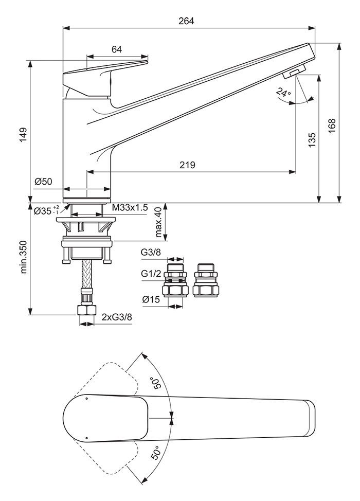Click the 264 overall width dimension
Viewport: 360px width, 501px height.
(186, 21)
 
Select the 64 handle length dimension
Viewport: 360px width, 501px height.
(117, 49)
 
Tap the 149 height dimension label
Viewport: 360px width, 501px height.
(24, 135)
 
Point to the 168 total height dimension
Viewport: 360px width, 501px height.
(332, 126)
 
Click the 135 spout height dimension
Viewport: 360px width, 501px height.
(312, 139)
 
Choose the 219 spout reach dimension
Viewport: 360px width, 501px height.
(187, 165)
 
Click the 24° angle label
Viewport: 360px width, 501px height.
(284, 93)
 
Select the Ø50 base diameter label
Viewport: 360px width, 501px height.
(43, 182)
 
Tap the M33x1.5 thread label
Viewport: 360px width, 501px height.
(130, 208)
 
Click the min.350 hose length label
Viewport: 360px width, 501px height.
(24, 257)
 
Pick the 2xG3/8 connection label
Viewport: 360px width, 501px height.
(117, 317)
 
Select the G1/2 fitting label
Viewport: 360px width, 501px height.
(151, 274)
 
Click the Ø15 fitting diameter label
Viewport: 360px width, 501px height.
(151, 299)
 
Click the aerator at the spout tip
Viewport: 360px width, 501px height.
(294, 71)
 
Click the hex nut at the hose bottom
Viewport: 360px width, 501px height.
(86, 310)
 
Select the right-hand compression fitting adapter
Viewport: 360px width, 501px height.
(206, 280)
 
